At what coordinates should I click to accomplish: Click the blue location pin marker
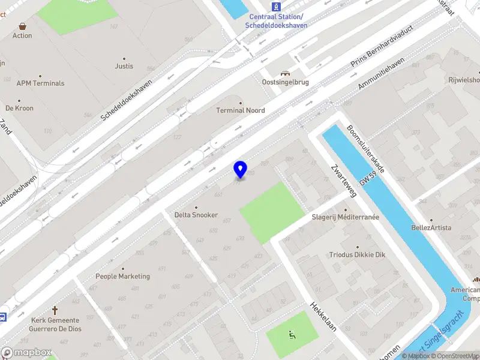tap(240, 169)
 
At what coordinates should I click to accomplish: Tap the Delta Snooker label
tap(196, 215)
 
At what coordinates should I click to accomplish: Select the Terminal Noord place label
tap(241, 110)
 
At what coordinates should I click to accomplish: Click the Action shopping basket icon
tap(22, 26)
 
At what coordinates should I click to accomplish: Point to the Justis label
tap(124, 66)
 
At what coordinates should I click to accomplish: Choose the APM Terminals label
tap(40, 83)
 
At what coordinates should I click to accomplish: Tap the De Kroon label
tap(20, 108)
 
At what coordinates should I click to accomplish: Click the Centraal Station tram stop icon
tap(276, 7)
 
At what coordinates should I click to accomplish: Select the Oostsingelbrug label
tap(285, 82)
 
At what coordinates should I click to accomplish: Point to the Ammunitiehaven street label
tap(381, 74)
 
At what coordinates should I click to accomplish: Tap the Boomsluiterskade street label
tap(365, 149)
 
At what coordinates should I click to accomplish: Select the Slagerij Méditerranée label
tap(345, 217)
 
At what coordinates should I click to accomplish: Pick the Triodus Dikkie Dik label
tap(357, 254)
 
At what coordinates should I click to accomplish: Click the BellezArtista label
tap(431, 227)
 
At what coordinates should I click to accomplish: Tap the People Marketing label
tap(123, 277)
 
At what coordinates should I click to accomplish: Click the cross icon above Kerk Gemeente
tap(55, 310)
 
